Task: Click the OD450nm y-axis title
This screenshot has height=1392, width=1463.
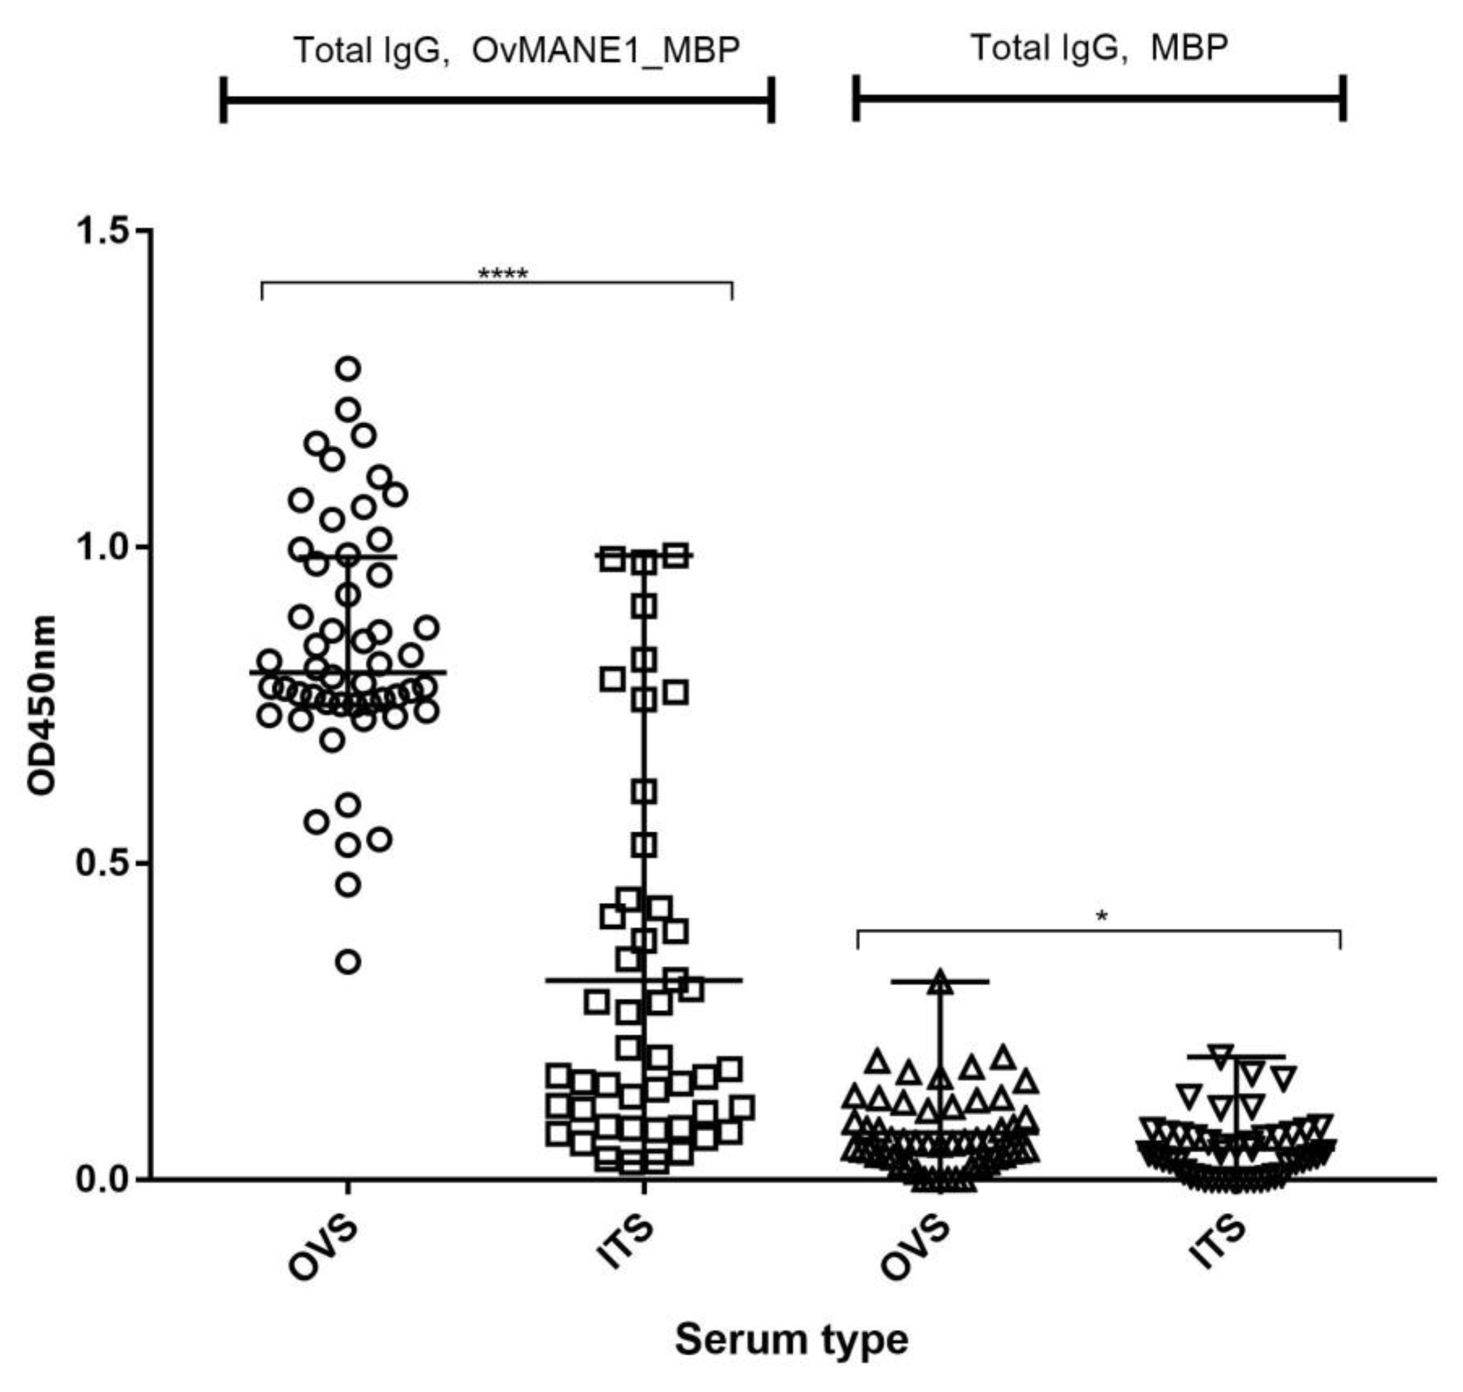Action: point(42,705)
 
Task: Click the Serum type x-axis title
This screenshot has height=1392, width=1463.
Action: point(792,1340)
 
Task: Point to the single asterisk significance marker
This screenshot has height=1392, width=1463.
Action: point(1101,917)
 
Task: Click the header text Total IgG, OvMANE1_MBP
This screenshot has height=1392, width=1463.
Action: point(517,50)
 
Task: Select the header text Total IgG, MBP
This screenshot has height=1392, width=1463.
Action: point(1099,48)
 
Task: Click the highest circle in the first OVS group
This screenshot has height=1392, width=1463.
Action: point(348,368)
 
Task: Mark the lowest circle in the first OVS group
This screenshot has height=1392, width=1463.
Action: point(348,962)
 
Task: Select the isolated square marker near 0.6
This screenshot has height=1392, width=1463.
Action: point(643,792)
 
